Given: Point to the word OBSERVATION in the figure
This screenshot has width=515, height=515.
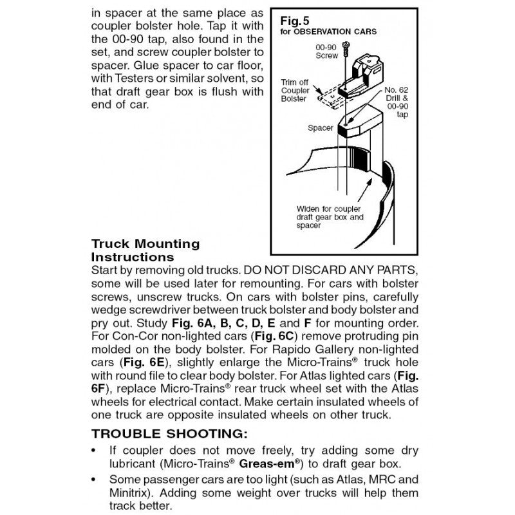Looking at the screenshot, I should (x=330, y=31).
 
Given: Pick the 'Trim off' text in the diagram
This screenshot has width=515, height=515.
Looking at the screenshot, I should (x=294, y=83).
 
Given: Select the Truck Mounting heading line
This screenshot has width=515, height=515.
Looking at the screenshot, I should (x=145, y=244).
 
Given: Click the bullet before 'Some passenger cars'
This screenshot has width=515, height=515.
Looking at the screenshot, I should (x=95, y=480).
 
